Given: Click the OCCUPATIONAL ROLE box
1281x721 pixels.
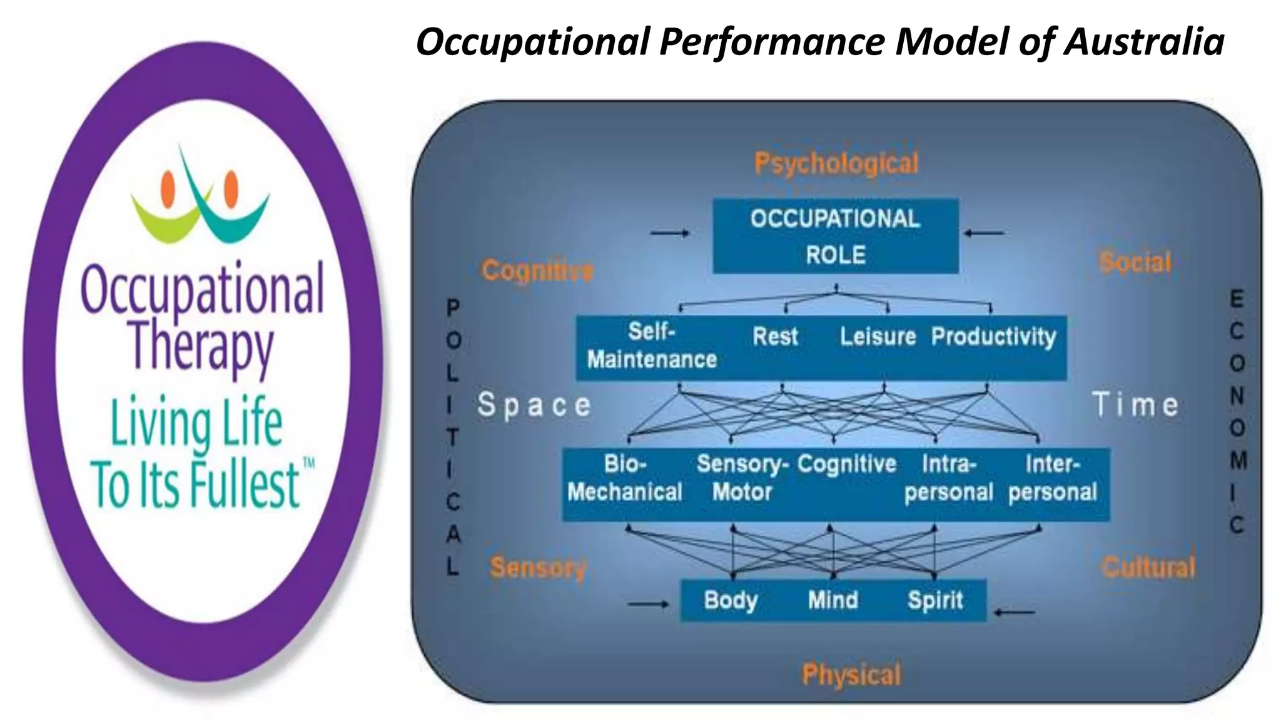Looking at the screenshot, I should (836, 236).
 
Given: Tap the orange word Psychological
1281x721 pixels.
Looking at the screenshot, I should (836, 163).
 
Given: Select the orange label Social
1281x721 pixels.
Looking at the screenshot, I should (1135, 262).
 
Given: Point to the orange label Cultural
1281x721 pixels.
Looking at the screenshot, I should (1148, 567).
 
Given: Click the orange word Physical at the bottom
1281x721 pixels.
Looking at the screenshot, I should (851, 675).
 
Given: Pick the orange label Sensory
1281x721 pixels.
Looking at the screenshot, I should (538, 568).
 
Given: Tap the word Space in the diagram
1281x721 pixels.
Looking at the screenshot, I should (534, 405).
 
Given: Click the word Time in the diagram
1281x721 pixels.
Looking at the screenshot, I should (1136, 404).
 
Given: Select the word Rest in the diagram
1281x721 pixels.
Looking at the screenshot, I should (775, 337).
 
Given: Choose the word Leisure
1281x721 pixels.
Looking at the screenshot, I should (878, 337).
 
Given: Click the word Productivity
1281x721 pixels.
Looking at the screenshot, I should (993, 337).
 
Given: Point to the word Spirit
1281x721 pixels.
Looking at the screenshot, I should (935, 600).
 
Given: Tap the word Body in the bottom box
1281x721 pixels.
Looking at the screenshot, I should (731, 600).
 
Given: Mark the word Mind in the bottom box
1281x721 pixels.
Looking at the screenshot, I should (833, 600).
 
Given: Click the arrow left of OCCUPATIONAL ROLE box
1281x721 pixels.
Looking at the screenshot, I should (670, 233).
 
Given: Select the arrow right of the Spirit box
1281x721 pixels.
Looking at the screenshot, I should (1014, 612).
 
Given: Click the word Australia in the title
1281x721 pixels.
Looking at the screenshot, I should (1144, 42).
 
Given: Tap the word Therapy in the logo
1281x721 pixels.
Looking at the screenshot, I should (202, 344).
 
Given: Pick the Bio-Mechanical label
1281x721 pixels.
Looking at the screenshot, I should (625, 478).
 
